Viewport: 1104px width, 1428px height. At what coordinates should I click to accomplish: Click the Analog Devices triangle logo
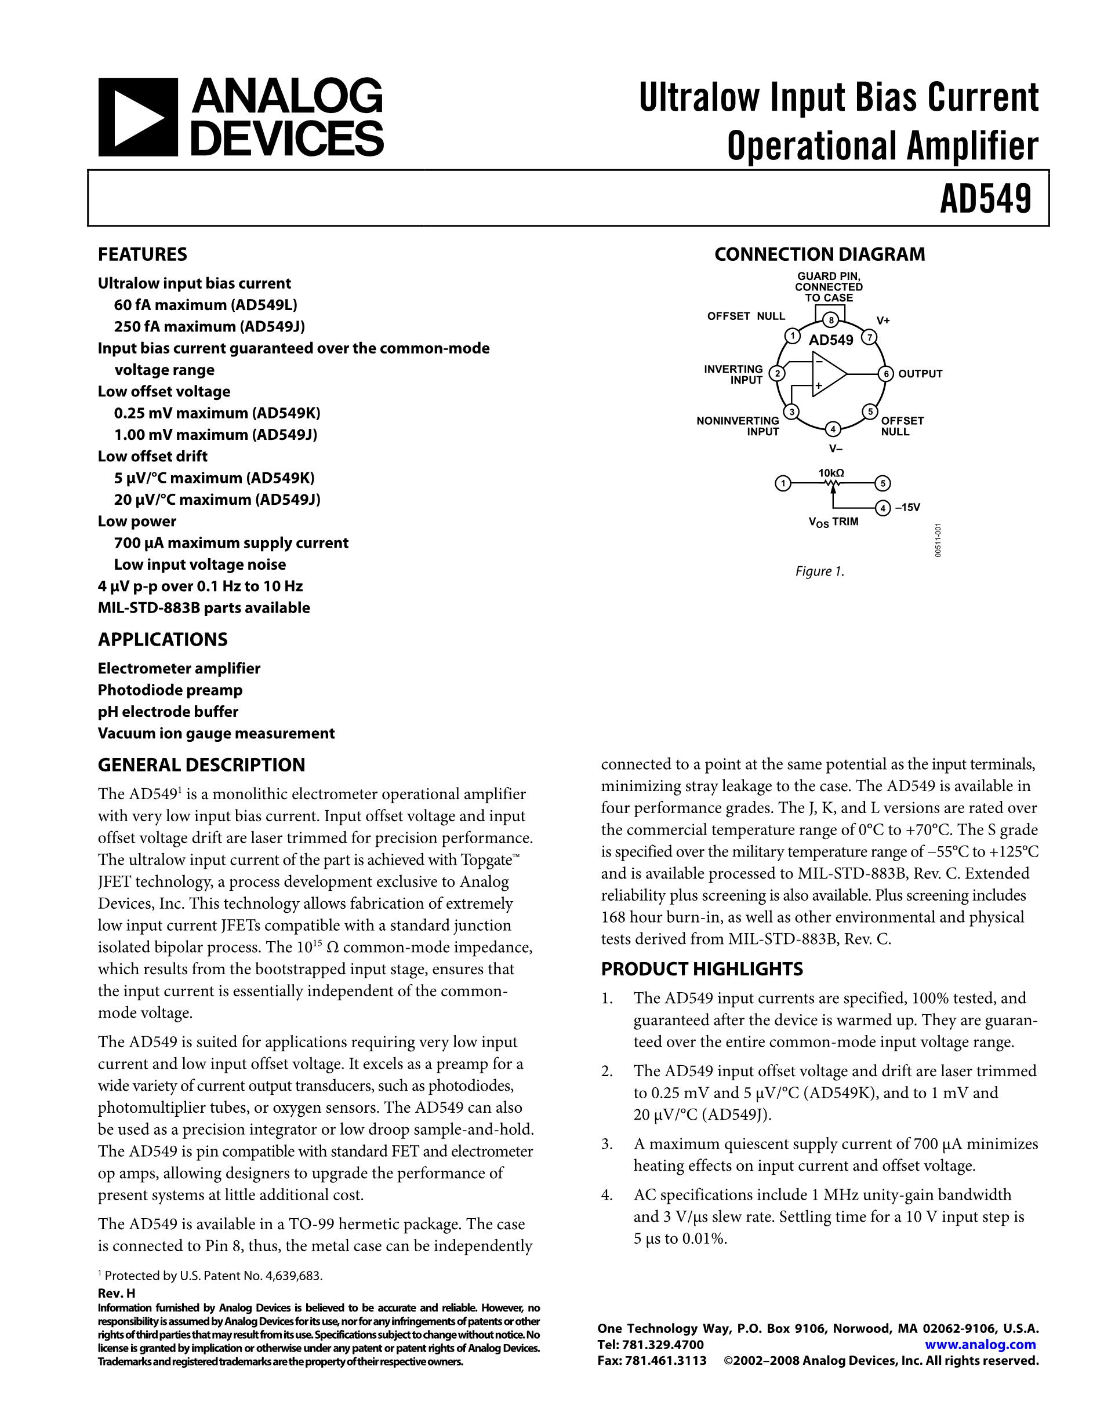(138, 118)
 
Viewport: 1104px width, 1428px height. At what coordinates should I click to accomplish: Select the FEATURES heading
(142, 254)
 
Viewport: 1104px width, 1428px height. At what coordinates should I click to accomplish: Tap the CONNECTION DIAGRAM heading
(819, 254)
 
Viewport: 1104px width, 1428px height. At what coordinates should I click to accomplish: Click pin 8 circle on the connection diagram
(831, 320)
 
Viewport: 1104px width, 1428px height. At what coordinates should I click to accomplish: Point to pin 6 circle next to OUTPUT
(885, 374)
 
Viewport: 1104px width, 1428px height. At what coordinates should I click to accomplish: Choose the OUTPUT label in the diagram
(920, 374)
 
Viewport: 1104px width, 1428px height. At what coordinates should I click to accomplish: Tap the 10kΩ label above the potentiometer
(831, 473)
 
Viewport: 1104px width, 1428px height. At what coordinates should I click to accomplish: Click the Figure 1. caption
(819, 571)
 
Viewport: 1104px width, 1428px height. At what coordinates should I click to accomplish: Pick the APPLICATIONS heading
(163, 639)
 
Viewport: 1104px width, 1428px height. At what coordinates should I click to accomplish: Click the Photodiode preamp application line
(170, 690)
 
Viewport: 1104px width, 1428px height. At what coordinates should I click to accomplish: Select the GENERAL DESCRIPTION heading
(201, 765)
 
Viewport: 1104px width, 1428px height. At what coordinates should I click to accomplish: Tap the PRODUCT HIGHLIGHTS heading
(702, 969)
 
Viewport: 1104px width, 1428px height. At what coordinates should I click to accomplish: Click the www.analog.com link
(980, 1345)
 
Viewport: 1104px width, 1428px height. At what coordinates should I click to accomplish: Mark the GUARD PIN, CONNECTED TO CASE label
(829, 287)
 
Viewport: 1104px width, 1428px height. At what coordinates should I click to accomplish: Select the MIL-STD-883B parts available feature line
(204, 608)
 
